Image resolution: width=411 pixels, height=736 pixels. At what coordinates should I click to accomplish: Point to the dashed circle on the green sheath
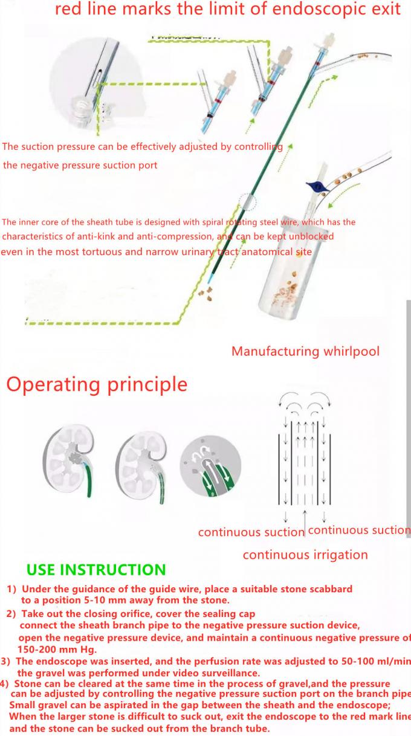pos(248,202)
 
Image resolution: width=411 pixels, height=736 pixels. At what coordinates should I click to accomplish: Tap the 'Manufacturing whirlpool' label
pos(305,351)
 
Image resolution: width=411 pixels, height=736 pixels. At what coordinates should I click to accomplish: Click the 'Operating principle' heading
pos(97,384)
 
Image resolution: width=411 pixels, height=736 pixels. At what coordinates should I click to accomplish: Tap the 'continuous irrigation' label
pos(305,555)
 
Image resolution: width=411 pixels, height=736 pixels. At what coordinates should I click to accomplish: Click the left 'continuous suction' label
pos(251,532)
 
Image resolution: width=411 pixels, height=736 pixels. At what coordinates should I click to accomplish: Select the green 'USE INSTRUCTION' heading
pos(96,570)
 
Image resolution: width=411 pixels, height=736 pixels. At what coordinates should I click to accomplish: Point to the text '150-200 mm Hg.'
pos(57,648)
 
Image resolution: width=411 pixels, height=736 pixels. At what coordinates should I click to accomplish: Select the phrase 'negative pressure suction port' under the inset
pos(91,165)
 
